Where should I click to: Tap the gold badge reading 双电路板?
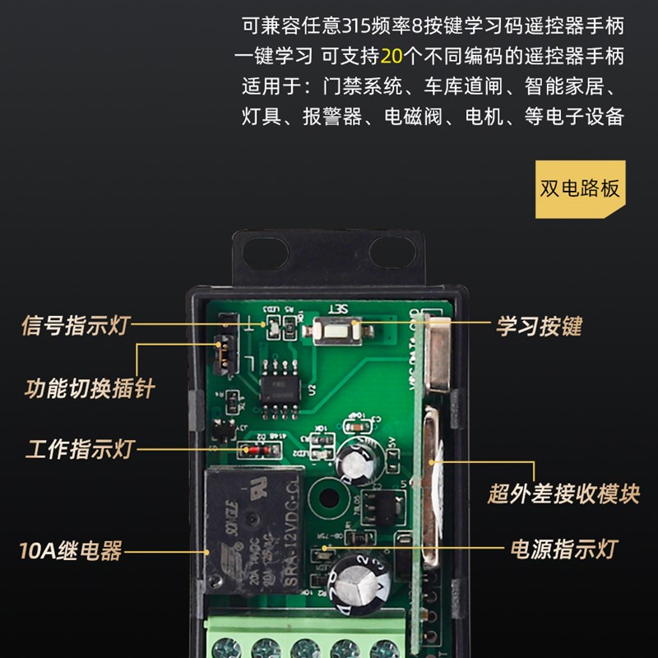click(x=580, y=188)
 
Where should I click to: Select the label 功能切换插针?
click(x=90, y=387)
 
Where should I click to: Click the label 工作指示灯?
click(x=79, y=450)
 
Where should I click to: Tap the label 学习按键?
click(x=539, y=326)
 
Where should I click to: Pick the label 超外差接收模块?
click(x=563, y=493)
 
